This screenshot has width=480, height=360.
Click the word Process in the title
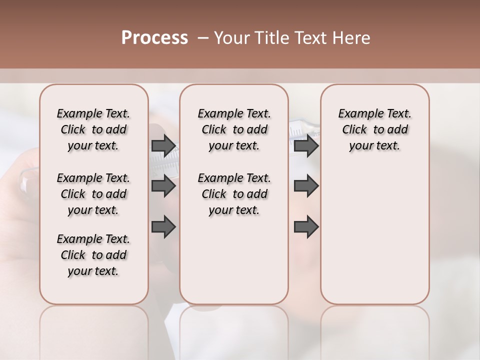(x=154, y=38)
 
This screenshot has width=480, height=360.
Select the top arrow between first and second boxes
(x=163, y=146)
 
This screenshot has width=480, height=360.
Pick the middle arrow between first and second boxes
(x=163, y=186)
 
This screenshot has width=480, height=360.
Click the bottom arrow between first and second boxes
(x=163, y=227)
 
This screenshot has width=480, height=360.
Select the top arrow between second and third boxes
(x=306, y=146)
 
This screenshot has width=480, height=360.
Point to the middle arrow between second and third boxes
(x=306, y=186)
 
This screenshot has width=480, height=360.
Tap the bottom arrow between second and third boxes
(x=306, y=227)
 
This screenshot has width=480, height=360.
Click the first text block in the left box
(x=93, y=129)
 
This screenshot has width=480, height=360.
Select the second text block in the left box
(x=93, y=194)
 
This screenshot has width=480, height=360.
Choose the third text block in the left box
(x=93, y=255)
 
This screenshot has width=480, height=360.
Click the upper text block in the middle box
(x=234, y=129)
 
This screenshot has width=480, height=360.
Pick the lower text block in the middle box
(x=234, y=194)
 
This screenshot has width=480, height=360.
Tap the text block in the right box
(x=374, y=129)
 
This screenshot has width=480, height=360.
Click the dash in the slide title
(x=202, y=38)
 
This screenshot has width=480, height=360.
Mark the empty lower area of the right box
(x=374, y=235)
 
